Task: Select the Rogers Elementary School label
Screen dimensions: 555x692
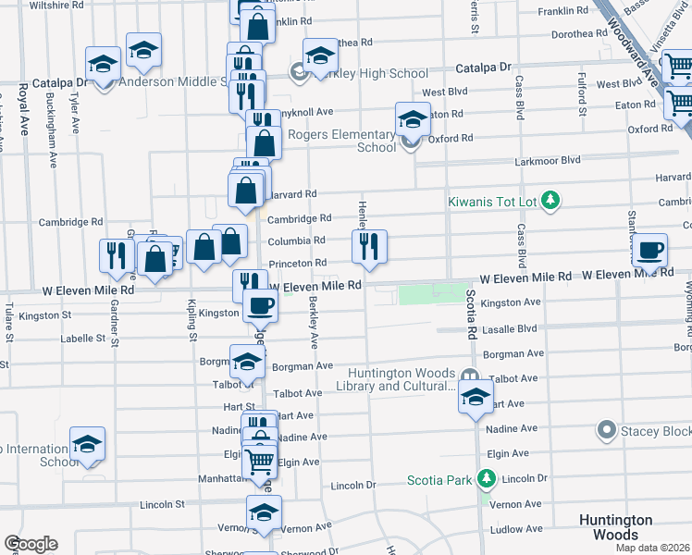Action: coord(342,141)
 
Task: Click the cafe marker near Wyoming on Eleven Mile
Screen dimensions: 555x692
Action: coord(650,249)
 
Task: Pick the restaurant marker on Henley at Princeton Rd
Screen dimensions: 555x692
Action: coord(369,246)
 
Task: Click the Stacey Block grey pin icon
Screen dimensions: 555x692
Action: coord(607,430)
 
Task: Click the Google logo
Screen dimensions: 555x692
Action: coord(31,544)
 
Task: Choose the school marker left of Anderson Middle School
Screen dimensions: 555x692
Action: coord(104,63)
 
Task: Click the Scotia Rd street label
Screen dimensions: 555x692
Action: coord(471,312)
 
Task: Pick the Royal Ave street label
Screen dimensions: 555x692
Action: coord(22,109)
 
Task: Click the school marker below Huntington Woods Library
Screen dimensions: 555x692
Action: coord(476,399)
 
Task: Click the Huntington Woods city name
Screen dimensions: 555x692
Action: coord(615,527)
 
